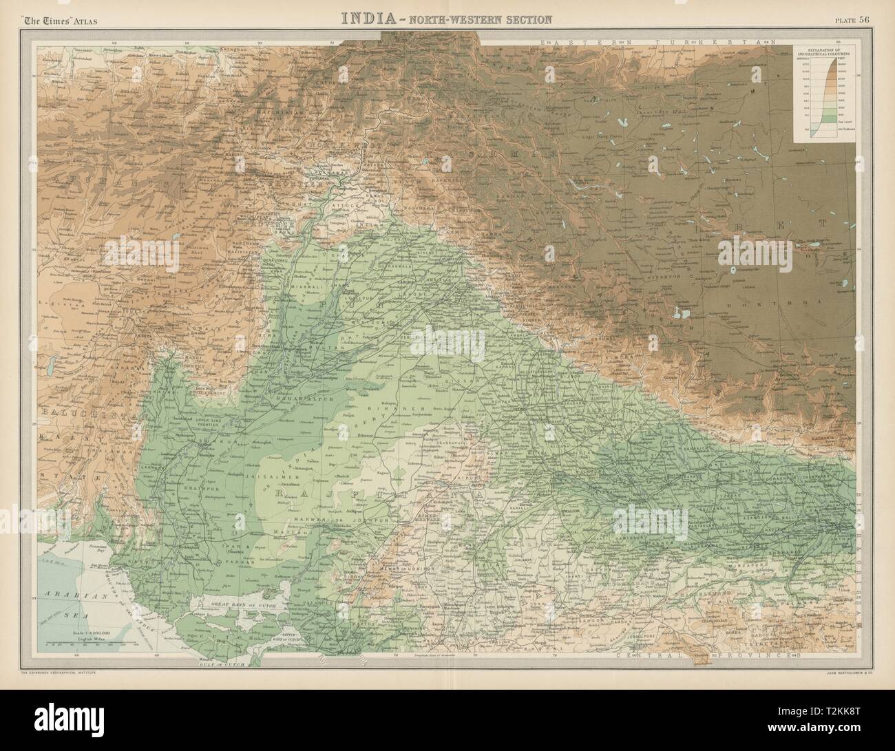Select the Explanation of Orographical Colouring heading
(825, 52)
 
